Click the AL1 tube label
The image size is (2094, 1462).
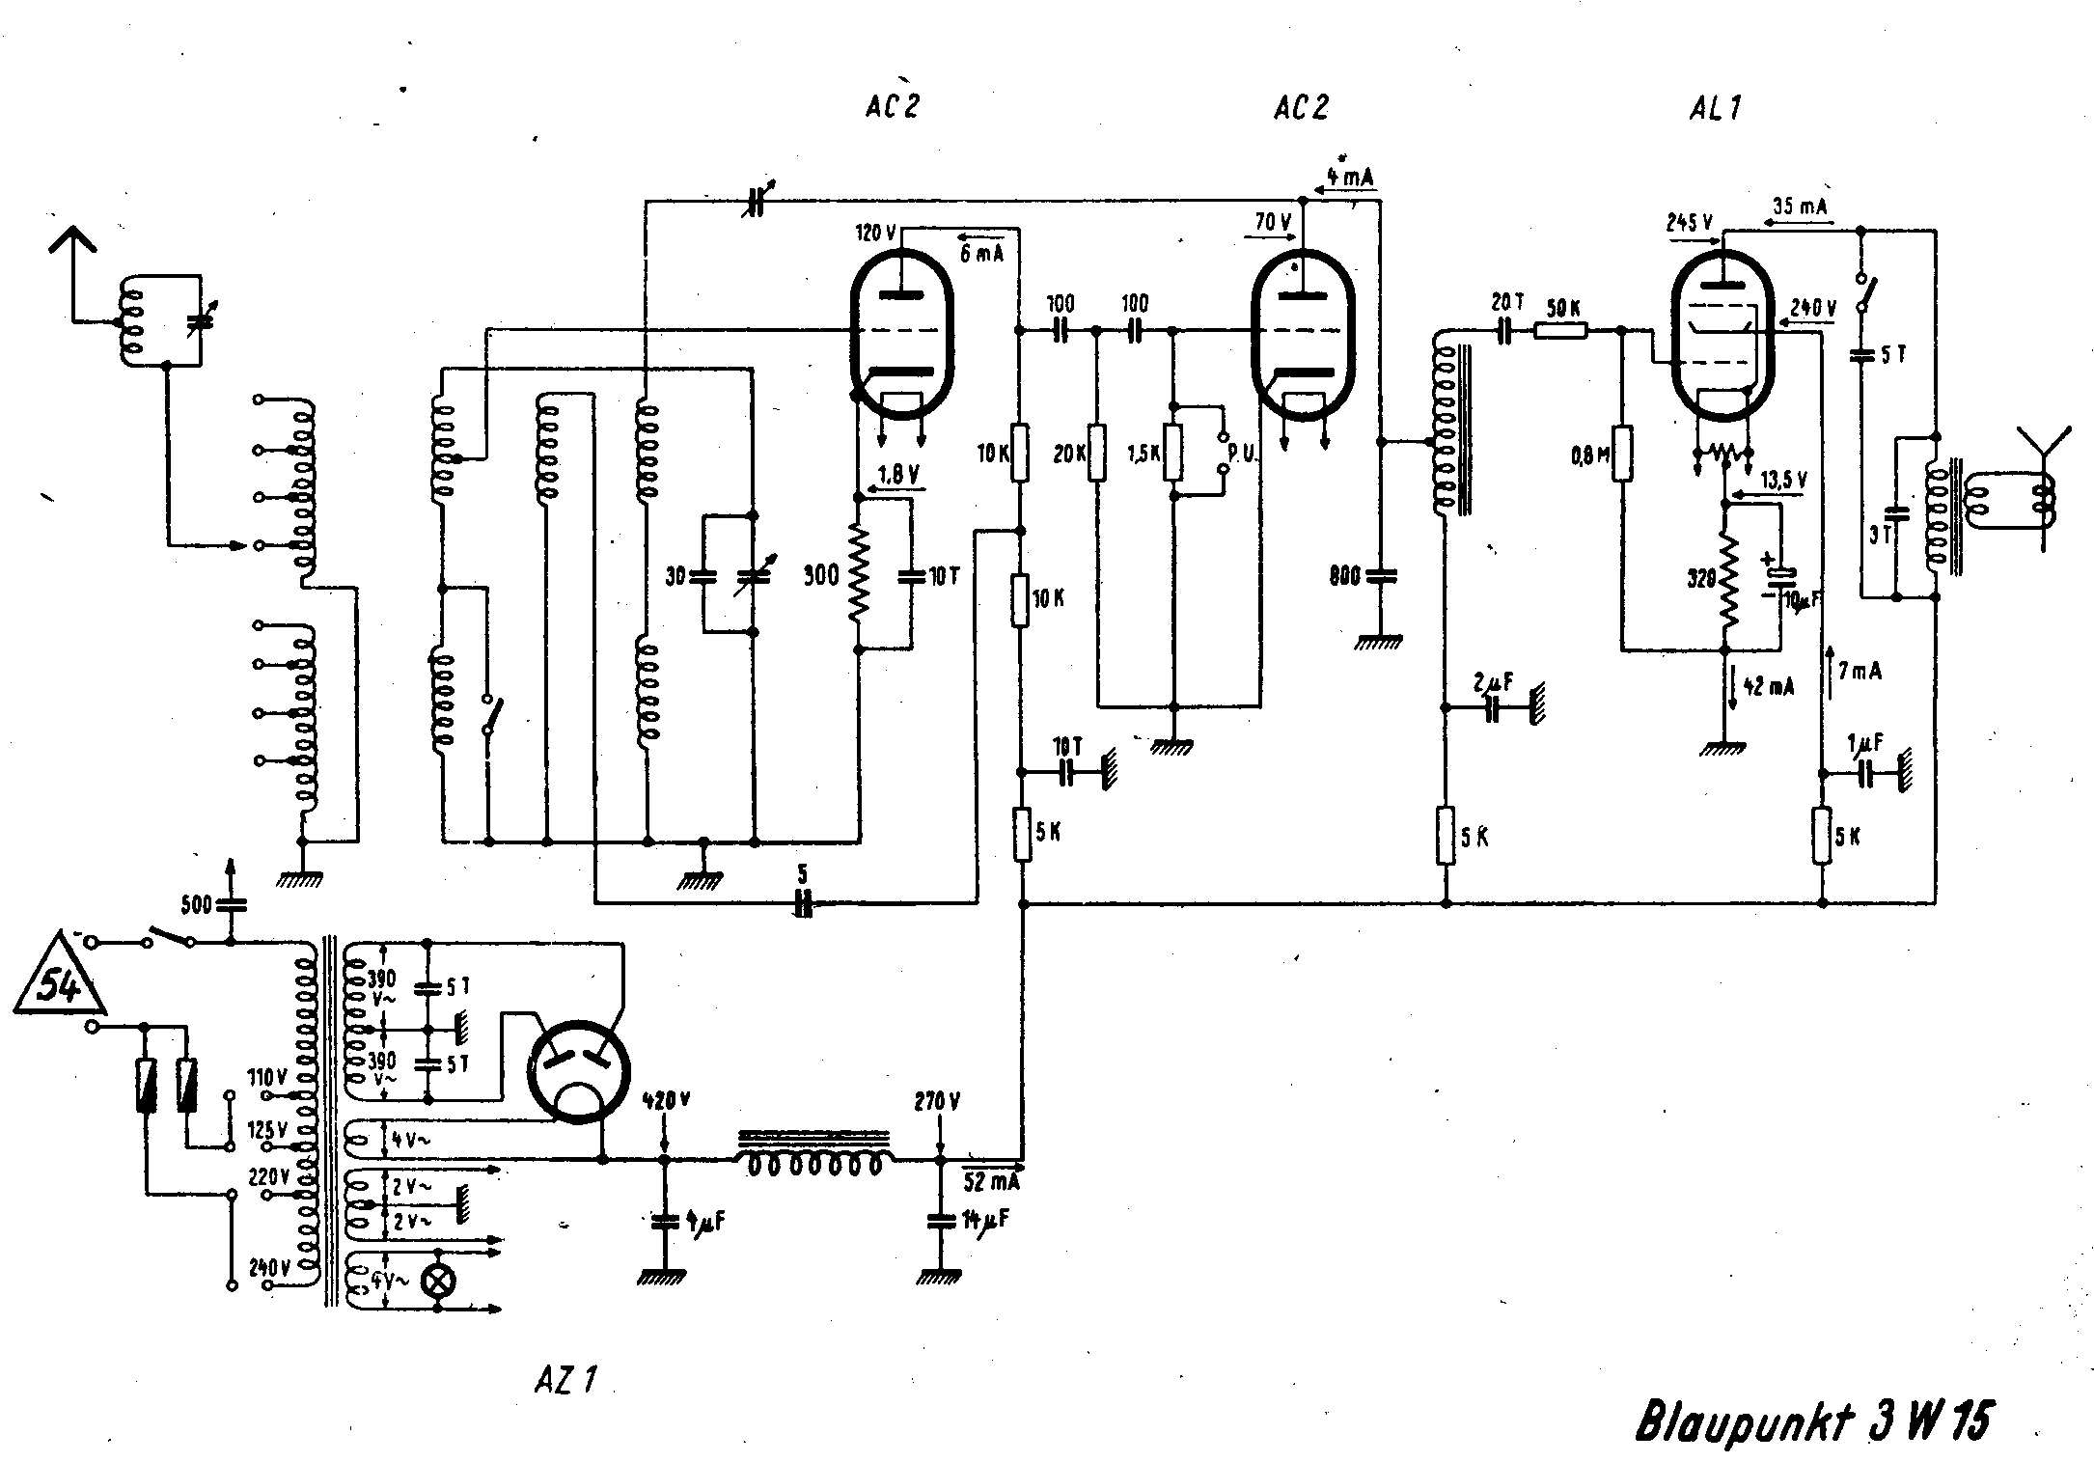click(x=1716, y=108)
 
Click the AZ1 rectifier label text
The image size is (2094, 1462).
click(x=565, y=1380)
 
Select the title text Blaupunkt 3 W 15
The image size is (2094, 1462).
click(x=1812, y=1420)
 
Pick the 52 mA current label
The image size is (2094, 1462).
click(x=990, y=1180)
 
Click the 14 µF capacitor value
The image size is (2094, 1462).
click(x=987, y=1220)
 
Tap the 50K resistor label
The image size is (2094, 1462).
click(x=1562, y=309)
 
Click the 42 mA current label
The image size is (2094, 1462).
click(x=1768, y=687)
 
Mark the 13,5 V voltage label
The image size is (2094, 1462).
click(x=1784, y=481)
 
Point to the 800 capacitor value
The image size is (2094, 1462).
click(x=1345, y=576)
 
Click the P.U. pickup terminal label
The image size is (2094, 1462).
click(x=1242, y=453)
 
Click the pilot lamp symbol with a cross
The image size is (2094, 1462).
click(x=440, y=1282)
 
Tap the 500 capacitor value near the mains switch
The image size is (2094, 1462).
click(x=197, y=904)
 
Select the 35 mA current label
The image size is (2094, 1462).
click(x=1800, y=206)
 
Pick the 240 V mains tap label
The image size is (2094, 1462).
click(x=269, y=1267)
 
